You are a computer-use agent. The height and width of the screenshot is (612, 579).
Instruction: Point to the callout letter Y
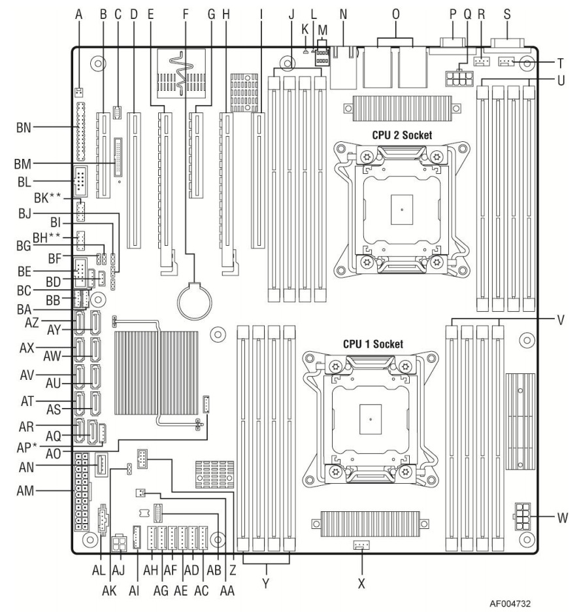pyautogui.click(x=265, y=580)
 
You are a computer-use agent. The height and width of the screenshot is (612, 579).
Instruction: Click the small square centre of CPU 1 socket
pyautogui.click(x=371, y=417)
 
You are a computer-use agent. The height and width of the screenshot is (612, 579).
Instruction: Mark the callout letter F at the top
pyautogui.click(x=186, y=13)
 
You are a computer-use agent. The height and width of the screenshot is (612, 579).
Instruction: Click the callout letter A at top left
pyautogui.click(x=77, y=13)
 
